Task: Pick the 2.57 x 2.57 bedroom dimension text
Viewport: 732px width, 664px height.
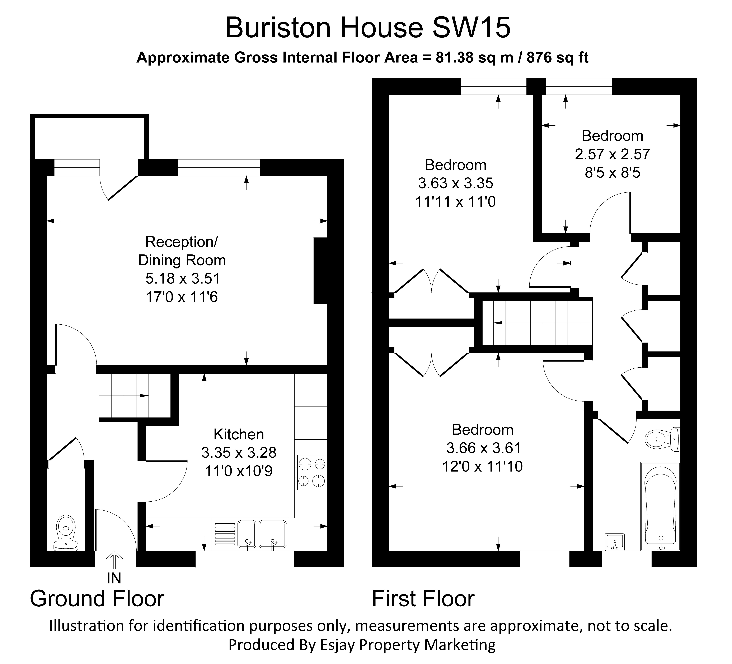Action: tap(612, 154)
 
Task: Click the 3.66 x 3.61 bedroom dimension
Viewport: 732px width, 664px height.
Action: tap(483, 448)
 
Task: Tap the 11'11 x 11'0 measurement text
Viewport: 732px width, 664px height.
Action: tap(455, 201)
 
